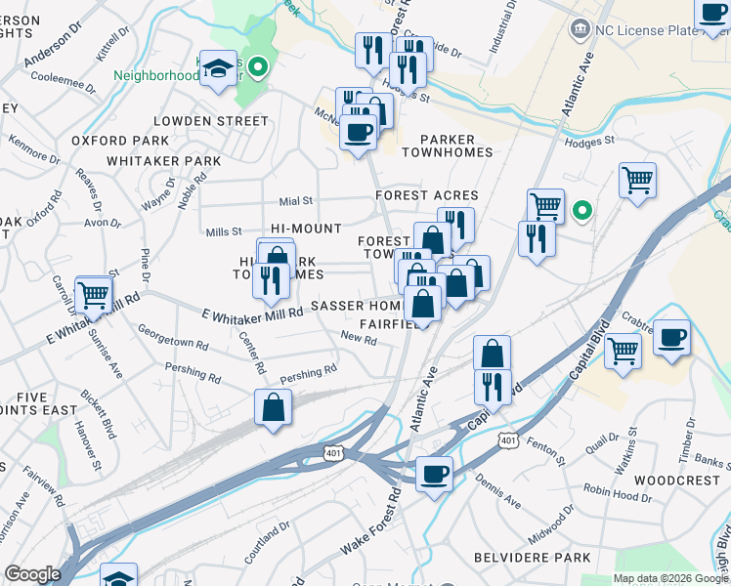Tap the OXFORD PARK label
point(112,141)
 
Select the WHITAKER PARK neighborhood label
point(164,160)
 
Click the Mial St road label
point(295,200)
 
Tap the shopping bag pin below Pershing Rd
point(274,407)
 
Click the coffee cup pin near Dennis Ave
point(434,475)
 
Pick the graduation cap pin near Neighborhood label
point(217,68)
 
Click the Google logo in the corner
point(33,574)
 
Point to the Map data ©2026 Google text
point(669,578)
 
